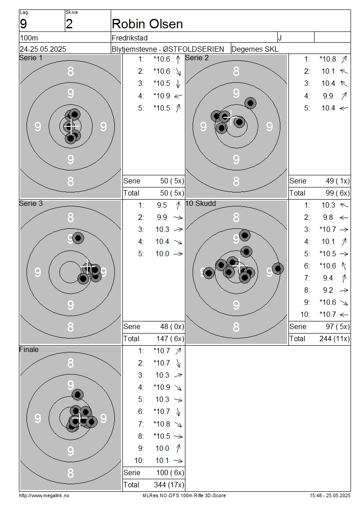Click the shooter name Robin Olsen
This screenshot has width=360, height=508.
[147, 24]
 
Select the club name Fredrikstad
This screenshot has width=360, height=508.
[130, 38]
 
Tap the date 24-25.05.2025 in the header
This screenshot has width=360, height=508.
[43, 49]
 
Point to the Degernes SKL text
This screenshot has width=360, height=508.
[255, 49]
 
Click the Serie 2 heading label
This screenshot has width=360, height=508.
[197, 58]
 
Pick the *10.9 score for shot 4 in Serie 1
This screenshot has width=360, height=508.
[162, 96]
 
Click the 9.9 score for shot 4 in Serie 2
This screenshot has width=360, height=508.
[328, 96]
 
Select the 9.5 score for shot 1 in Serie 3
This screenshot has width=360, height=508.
[162, 205]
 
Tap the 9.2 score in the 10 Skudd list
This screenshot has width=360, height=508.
[328, 290]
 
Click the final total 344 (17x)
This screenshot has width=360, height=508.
[169, 485]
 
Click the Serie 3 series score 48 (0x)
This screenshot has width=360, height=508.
[172, 326]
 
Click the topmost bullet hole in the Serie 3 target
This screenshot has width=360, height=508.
[78, 238]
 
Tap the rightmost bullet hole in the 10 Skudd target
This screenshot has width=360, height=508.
[278, 268]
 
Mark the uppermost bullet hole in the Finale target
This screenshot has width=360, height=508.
[77, 395]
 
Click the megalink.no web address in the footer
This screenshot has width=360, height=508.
[44, 495]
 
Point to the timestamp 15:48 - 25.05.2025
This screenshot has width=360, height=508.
[330, 495]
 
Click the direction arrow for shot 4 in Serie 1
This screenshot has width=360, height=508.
[178, 96]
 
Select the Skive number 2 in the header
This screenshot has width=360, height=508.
[69, 24]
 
